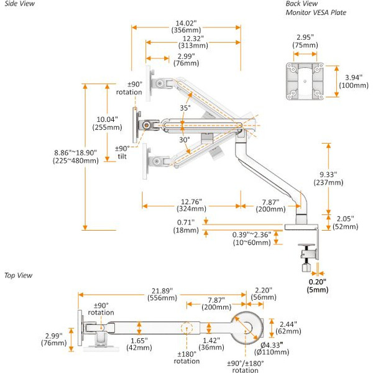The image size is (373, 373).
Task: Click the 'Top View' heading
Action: coord(18,274)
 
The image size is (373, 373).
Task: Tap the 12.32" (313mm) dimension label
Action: coord(192,41)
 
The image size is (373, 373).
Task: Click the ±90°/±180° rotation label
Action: coord(246,366)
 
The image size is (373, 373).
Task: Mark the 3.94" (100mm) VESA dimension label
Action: coord(354,80)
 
